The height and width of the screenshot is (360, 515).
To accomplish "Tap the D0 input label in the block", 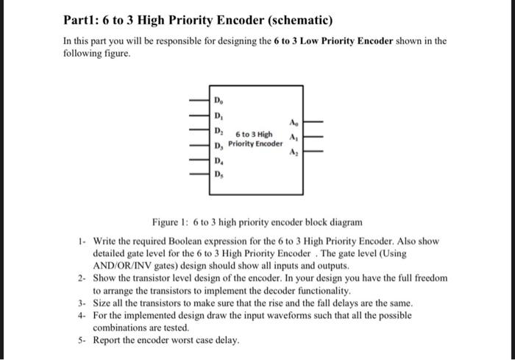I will coord(218,99).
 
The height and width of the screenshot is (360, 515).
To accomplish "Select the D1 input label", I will coord(218,116).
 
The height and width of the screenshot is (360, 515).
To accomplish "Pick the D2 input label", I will coord(218,131).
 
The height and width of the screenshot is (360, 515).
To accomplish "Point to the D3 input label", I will coord(218,145).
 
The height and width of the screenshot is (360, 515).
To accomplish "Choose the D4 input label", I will coord(218,160).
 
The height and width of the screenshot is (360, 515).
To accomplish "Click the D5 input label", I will coord(218,174).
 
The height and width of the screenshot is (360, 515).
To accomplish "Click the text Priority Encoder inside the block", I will coord(255,144).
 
